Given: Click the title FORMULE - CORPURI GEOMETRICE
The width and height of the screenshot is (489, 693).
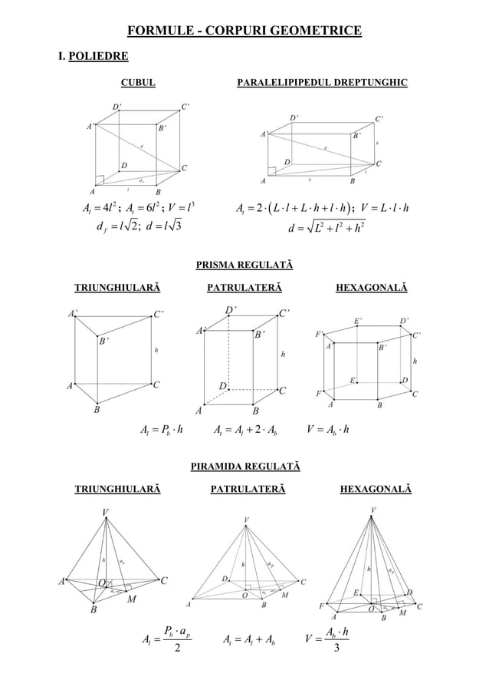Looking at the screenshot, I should [x=244, y=31].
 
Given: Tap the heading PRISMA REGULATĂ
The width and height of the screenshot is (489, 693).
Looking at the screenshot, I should [x=244, y=266].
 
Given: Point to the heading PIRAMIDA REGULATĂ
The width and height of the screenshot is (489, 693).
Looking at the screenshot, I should [x=244, y=466].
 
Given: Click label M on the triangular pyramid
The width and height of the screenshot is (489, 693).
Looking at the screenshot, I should [x=131, y=599].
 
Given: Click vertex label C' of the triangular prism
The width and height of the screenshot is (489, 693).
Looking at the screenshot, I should [x=159, y=335].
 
